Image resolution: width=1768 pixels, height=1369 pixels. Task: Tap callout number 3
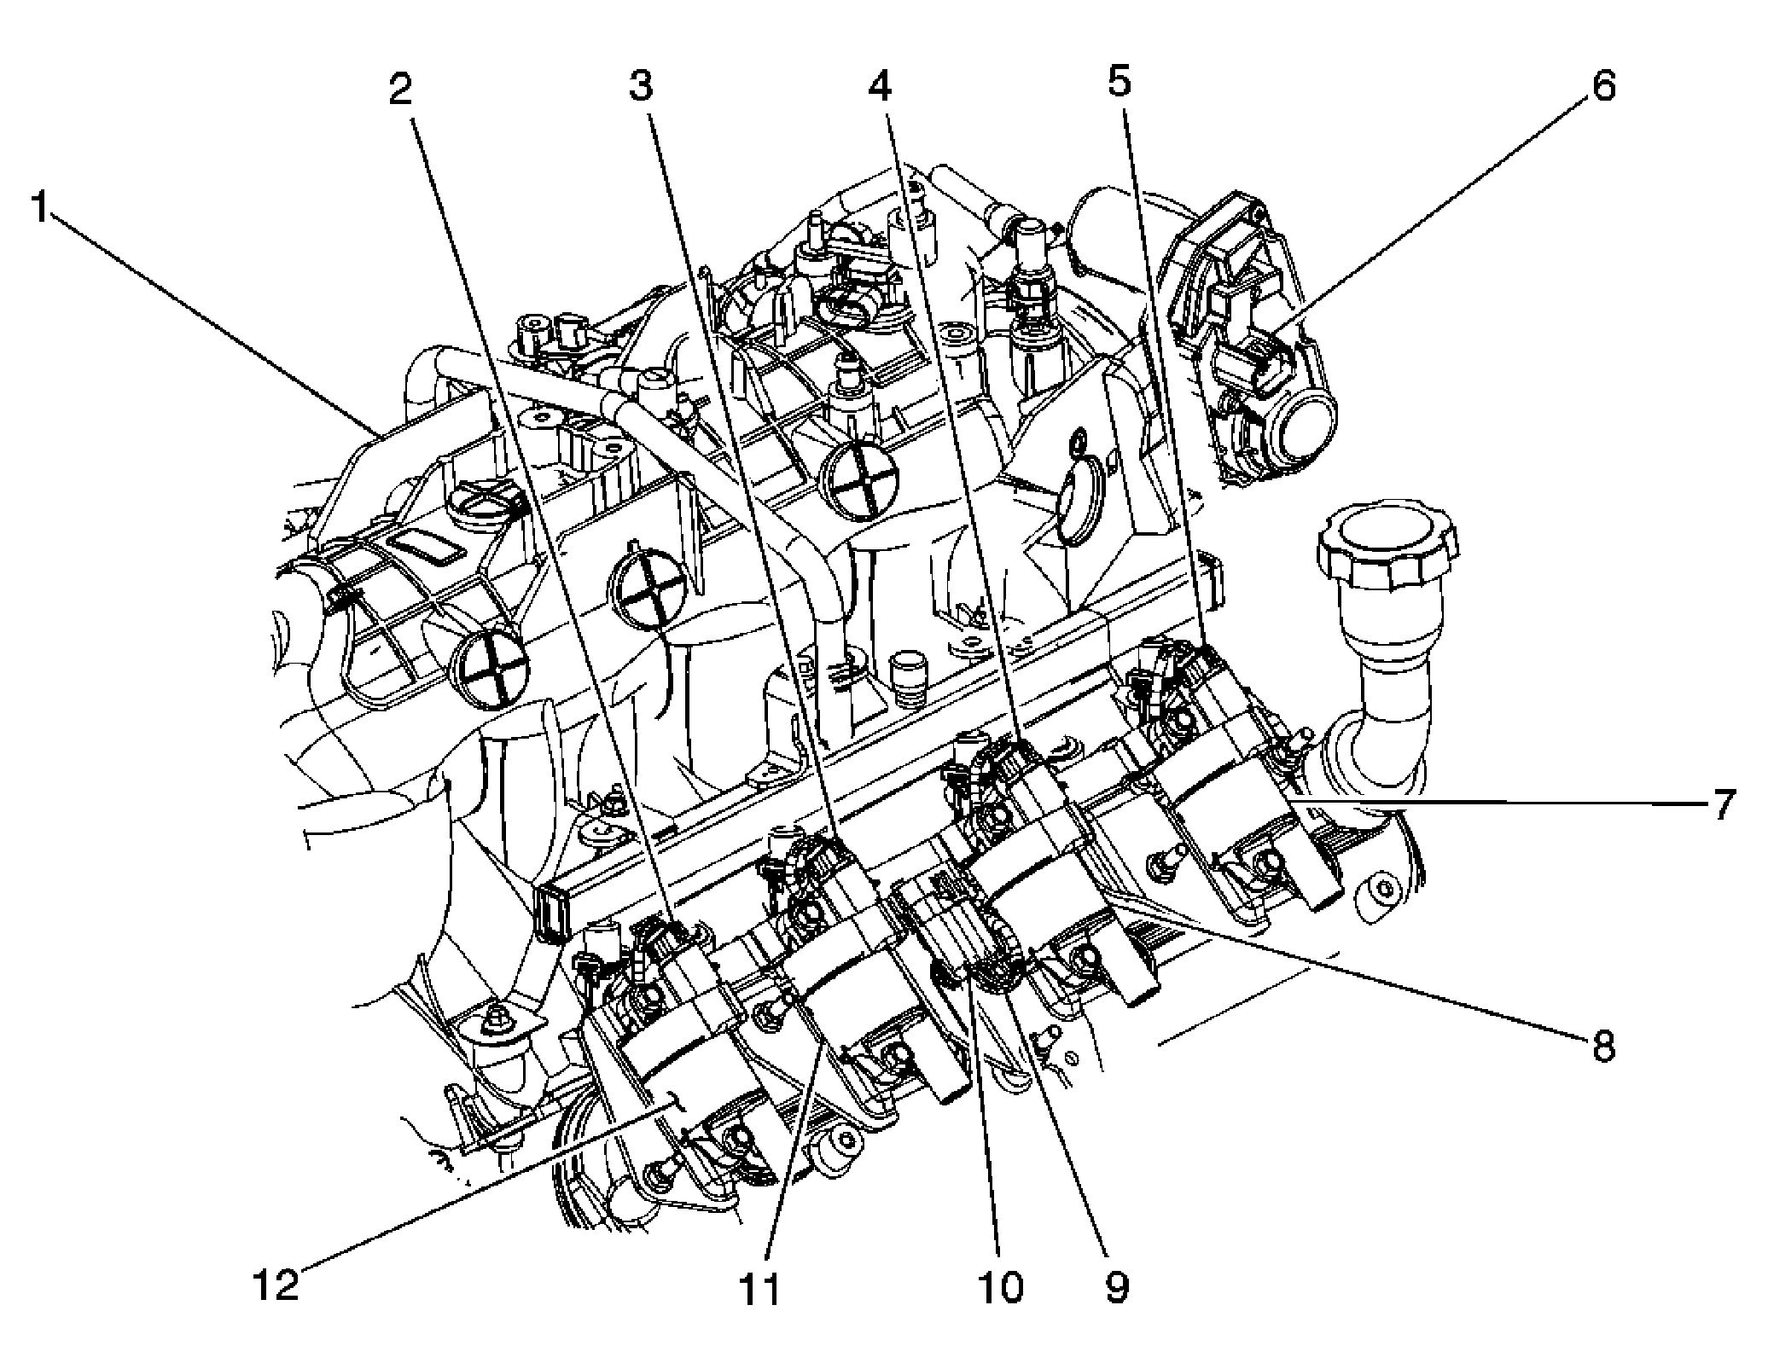tap(642, 86)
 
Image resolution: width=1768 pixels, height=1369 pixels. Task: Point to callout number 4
tap(881, 84)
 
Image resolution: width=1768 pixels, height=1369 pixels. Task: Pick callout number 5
tap(1120, 83)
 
